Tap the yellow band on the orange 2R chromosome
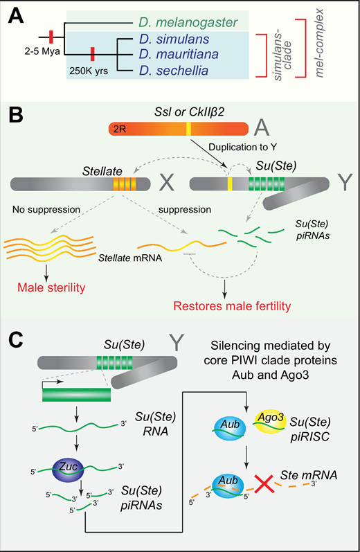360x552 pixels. [x=188, y=129]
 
